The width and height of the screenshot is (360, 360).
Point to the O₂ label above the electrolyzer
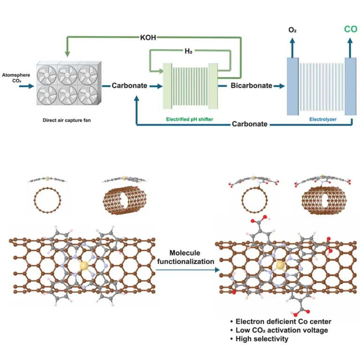pos(292,30)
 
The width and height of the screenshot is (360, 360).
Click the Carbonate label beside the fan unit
pos(129,86)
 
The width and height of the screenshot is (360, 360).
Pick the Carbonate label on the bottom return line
pos(250,124)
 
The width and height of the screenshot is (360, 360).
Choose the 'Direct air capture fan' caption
pos(67,120)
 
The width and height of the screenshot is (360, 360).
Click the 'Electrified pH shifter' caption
pos(189,120)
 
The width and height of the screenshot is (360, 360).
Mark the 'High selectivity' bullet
pos(262,338)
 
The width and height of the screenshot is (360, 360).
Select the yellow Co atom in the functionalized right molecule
pos(280,266)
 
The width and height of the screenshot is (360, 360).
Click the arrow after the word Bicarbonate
pos(280,86)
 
